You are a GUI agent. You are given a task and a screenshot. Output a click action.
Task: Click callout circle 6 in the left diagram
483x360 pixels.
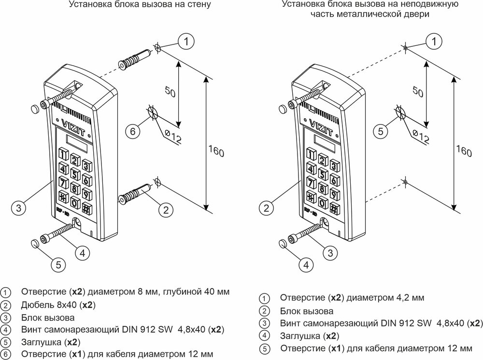tap(134, 131)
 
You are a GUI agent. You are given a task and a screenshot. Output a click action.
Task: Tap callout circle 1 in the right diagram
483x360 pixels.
tap(434, 42)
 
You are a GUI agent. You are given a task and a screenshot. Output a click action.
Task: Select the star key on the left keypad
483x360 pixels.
tap(62, 197)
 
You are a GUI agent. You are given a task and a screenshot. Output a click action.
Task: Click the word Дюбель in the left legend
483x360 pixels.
tap(36, 305)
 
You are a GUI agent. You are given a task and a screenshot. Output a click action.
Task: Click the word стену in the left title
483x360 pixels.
tap(200, 5)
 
